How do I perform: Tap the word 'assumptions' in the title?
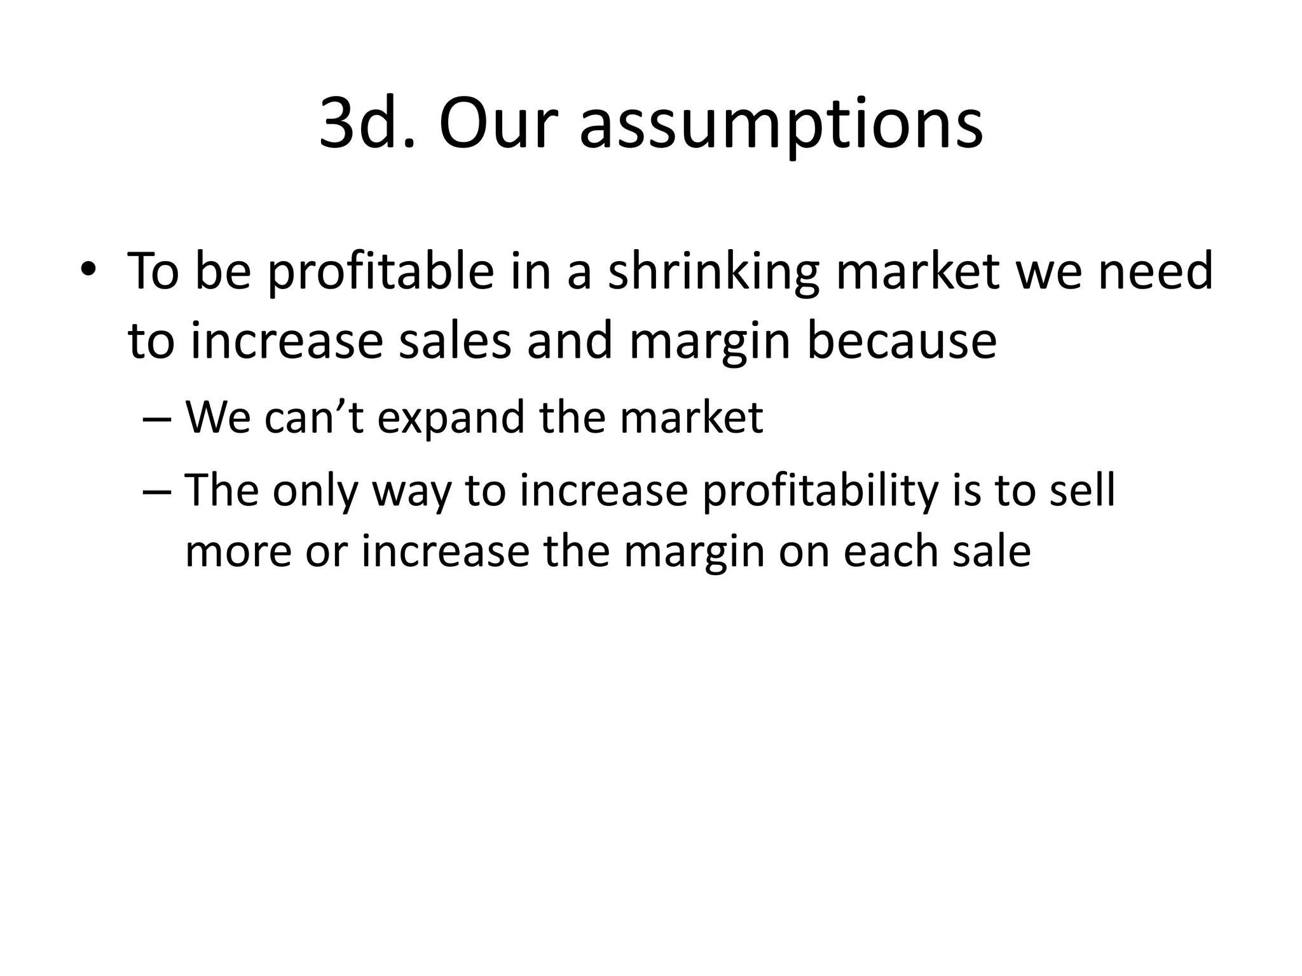[781, 125]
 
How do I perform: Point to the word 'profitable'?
[380, 272]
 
